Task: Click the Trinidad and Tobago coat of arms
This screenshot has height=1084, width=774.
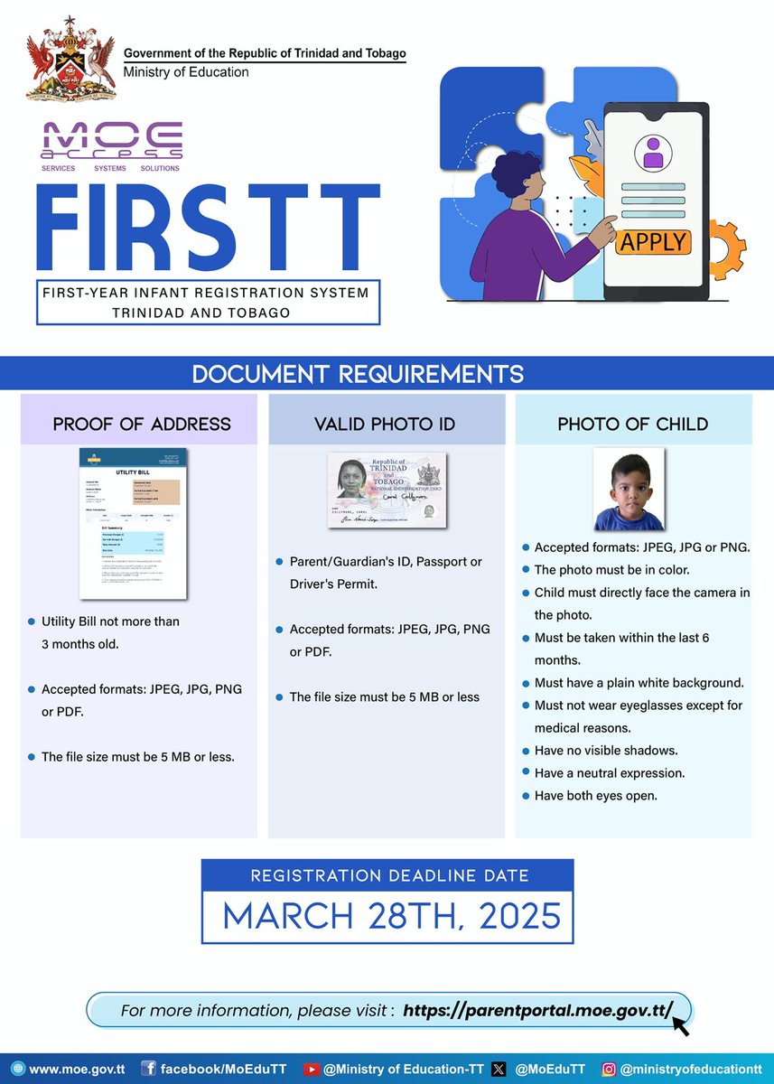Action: (x=71, y=59)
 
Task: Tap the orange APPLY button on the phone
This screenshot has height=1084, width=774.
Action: (x=654, y=243)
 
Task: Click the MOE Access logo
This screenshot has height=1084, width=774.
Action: (x=112, y=145)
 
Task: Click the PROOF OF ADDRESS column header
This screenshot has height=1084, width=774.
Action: (x=141, y=424)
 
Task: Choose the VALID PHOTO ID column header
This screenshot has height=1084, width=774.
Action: (x=385, y=424)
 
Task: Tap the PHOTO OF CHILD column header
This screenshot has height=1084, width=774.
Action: (x=632, y=424)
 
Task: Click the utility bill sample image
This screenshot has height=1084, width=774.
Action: (x=133, y=522)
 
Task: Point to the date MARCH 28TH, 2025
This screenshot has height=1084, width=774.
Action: (x=391, y=916)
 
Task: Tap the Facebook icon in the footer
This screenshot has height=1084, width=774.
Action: (x=149, y=1069)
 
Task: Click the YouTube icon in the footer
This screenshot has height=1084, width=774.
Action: (x=312, y=1069)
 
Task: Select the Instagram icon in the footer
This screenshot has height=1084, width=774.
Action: (x=610, y=1069)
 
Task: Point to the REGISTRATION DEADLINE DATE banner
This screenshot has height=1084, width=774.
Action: (x=389, y=875)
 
